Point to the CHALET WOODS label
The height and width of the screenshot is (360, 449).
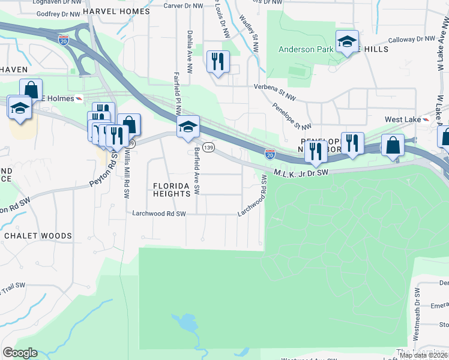click(x=38, y=236)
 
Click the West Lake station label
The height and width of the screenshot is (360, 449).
click(x=402, y=120)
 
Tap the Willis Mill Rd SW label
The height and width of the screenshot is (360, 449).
click(x=127, y=173)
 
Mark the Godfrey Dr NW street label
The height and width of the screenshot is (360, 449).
click(x=58, y=13)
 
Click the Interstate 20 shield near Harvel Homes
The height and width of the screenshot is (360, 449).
click(x=64, y=40)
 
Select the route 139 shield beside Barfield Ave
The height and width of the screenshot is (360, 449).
click(x=208, y=147)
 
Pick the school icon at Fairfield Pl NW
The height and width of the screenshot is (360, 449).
click(x=188, y=127)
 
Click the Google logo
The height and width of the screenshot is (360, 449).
click(x=20, y=353)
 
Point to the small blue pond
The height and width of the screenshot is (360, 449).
click(x=186, y=325)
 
